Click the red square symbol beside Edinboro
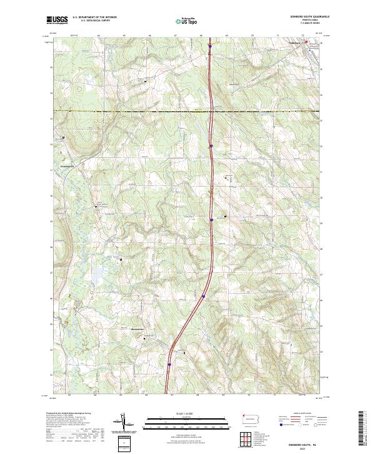coord(306,43)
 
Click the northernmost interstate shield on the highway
coord(211,45)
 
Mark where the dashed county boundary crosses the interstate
coord(211,111)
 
